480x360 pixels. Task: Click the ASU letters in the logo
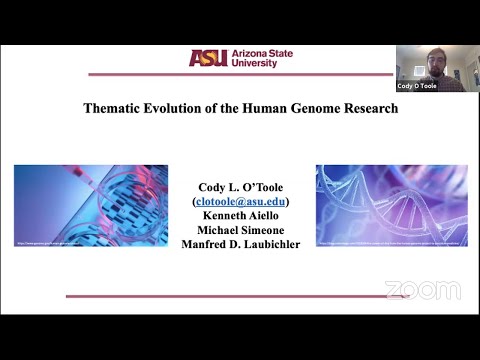208,57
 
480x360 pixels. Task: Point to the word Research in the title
366,108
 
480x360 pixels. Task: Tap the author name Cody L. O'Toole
240,186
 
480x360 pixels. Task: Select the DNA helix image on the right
384,205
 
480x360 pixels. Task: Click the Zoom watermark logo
422,290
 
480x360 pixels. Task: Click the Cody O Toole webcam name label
417,87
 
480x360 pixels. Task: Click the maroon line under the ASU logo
240,74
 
